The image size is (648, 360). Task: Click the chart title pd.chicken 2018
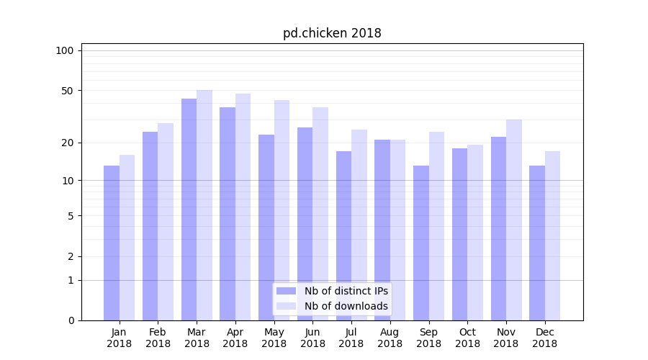click(332, 33)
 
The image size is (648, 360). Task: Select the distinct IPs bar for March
click(189, 209)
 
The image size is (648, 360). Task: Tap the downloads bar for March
click(204, 205)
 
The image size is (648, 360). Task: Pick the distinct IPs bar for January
click(112, 243)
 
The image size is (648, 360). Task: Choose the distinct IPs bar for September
click(421, 243)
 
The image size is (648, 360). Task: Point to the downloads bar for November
click(514, 220)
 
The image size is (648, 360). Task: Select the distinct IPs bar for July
click(343, 235)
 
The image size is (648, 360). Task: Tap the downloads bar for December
click(552, 235)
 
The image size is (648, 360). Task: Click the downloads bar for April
click(243, 207)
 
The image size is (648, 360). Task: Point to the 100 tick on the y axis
click(65, 50)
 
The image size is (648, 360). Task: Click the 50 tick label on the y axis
click(67, 91)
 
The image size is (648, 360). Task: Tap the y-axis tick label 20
click(67, 143)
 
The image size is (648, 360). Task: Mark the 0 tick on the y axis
click(71, 320)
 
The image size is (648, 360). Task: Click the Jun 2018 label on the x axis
click(312, 338)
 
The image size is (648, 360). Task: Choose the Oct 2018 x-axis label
click(467, 338)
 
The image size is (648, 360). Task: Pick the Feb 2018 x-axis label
click(158, 338)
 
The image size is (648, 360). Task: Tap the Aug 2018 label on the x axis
click(390, 338)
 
